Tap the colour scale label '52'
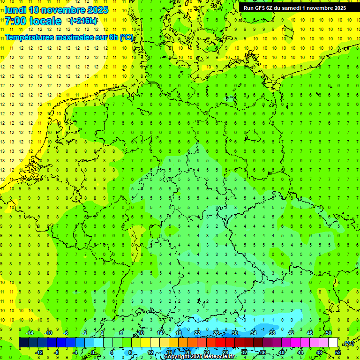337,352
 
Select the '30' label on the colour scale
235,333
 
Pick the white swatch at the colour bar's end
333,343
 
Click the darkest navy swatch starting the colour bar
23,343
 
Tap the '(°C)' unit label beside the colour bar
349,343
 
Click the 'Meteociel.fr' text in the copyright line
219,357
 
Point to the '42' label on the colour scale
291,333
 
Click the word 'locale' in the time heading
45,21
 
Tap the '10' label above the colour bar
141,333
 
